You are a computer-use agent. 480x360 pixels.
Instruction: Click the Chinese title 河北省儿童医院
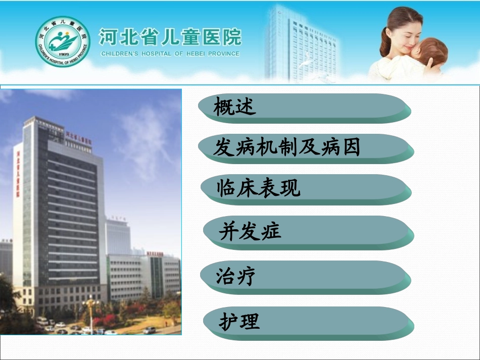pos(170,37)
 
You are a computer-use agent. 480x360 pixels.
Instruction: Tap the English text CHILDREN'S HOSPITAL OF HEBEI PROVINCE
pos(170,54)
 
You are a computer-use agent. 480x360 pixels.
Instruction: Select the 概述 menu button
pos(305,108)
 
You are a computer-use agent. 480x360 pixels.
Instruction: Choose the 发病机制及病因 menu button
pos(306,148)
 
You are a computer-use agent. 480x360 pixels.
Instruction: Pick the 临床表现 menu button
pos(305,188)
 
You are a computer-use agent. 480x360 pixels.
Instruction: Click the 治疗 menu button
pos(305,277)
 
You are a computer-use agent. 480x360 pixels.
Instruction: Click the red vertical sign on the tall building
pos(18,172)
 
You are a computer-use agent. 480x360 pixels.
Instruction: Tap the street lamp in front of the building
pos(91,313)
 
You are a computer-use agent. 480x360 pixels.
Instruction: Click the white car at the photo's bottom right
pos(149,330)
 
